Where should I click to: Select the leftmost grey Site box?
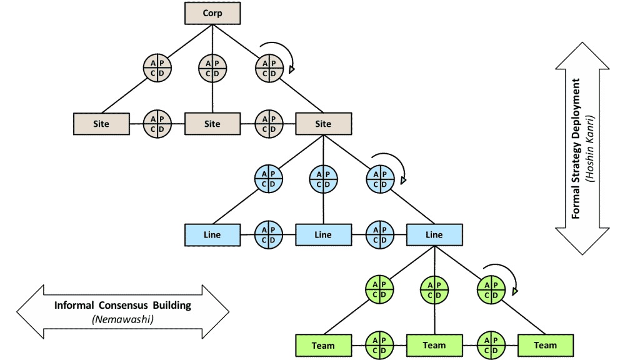[101, 124]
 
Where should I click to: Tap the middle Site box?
[212, 124]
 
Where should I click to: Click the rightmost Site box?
[323, 124]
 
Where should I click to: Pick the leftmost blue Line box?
[212, 235]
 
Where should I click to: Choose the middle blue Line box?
[323, 235]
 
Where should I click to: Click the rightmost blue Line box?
[434, 235]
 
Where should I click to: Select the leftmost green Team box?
[323, 345]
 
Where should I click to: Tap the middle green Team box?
[434, 345]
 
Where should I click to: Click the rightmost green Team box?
[545, 345]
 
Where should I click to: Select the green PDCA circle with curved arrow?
[490, 289]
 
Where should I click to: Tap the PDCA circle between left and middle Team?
[379, 345]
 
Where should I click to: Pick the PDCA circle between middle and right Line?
[379, 235]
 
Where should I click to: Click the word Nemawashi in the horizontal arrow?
[122, 319]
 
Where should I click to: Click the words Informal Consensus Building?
[122, 306]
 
